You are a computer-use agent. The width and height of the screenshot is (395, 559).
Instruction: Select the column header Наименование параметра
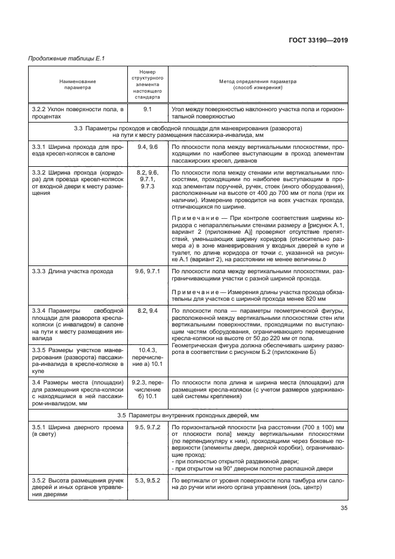(x=77, y=84)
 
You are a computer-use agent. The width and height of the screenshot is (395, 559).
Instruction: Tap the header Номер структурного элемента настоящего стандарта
(x=147, y=84)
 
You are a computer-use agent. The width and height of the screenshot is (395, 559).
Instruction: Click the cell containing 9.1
(x=147, y=109)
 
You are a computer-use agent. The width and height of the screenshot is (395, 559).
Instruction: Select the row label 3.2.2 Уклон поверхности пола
(x=77, y=113)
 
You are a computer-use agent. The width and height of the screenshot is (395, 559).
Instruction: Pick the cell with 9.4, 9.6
(x=147, y=146)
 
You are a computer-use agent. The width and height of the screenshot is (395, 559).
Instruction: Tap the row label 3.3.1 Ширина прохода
(x=77, y=150)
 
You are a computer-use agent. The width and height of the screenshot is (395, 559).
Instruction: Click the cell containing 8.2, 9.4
(x=147, y=311)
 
